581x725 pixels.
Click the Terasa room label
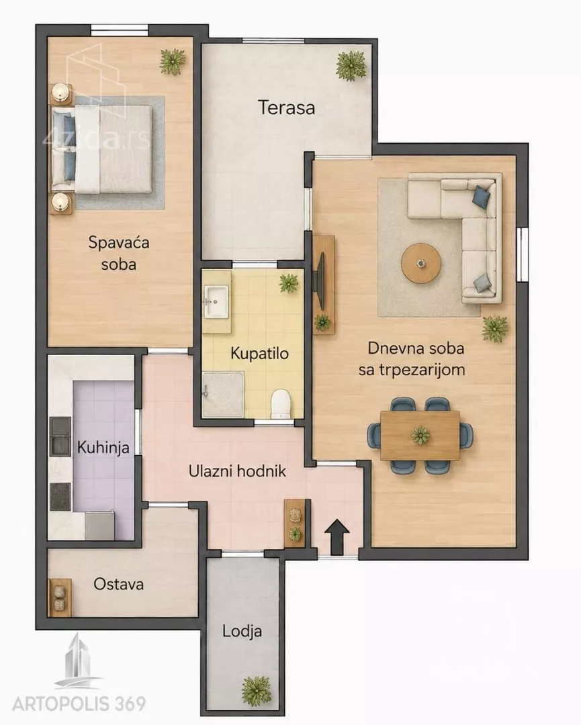pos(286,107)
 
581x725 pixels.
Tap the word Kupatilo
pos(259,354)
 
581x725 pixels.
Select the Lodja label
pos(242,631)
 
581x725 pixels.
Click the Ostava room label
pos(118,584)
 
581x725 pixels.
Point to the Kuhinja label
pos(103,448)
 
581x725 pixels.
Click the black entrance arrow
pos(337,536)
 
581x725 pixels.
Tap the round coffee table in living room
pos(420,263)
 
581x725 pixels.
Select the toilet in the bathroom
pos(281,403)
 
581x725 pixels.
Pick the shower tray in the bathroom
pos(223,395)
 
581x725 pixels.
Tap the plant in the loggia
pos(257,691)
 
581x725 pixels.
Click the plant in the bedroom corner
pos(173,62)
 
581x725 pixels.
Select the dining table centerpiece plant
pos(420,435)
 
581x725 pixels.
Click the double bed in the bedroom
pos(102,149)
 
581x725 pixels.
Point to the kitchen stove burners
pos(60,497)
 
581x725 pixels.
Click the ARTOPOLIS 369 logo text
pos(79,704)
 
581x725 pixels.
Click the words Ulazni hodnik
pos(237,471)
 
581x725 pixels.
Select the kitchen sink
pos(60,436)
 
